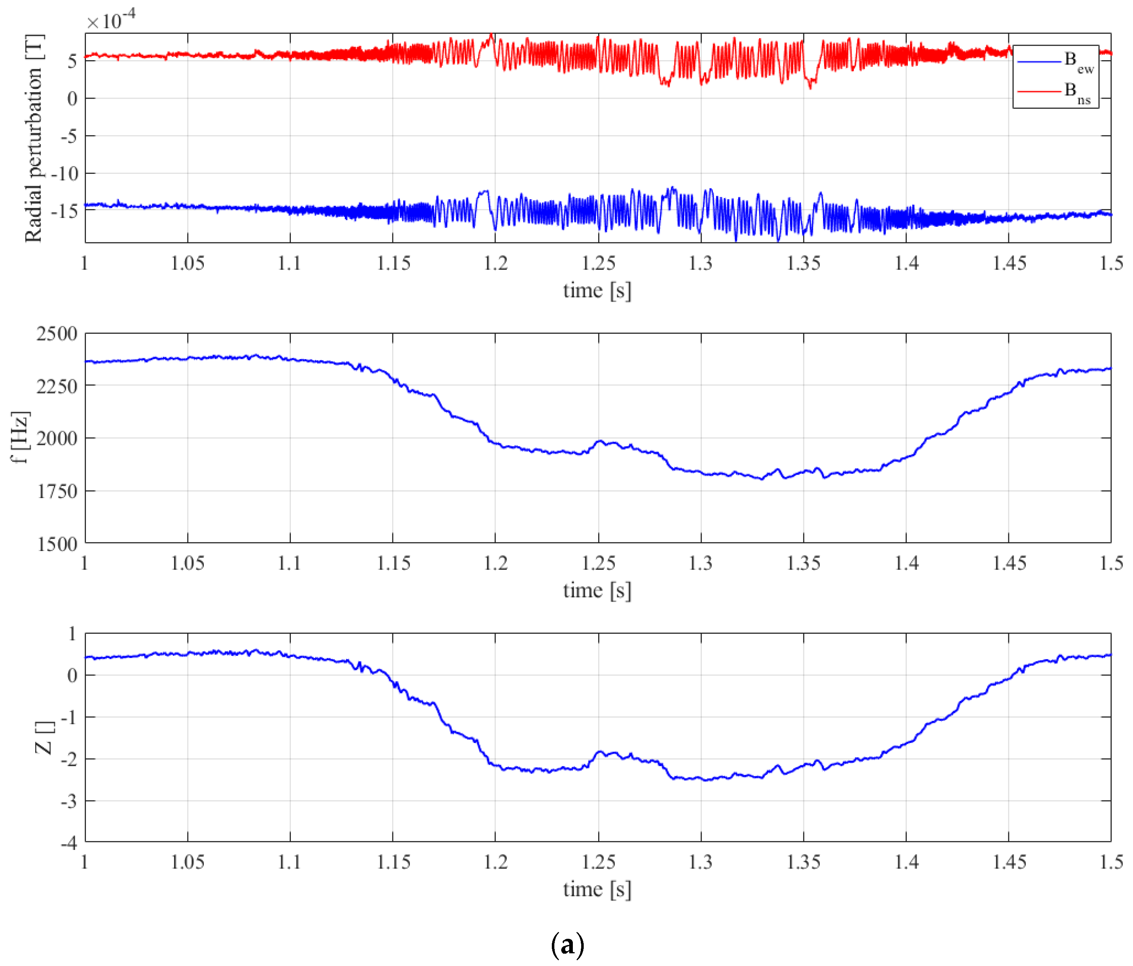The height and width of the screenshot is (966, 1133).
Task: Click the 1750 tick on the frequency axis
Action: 57,491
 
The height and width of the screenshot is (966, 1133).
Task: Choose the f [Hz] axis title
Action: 20,437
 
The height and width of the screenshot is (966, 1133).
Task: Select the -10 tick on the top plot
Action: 65,174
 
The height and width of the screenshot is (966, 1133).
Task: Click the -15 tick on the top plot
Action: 65,211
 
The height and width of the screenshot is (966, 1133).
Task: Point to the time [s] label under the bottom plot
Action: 597,889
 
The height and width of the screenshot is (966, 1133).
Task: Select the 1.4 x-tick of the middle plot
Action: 906,563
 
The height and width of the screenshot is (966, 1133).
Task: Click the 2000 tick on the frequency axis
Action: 57,439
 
